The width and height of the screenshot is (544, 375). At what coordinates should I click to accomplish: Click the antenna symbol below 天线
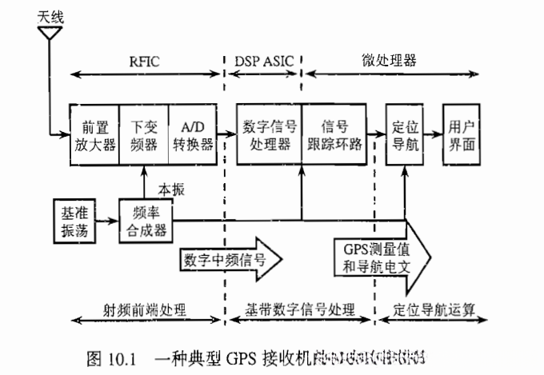(x=50, y=34)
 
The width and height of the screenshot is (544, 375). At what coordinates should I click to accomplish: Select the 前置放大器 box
(x=94, y=134)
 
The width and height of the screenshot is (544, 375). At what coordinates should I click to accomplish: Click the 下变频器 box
(x=144, y=134)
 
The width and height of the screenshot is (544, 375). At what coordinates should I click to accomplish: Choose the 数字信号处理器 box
(x=269, y=134)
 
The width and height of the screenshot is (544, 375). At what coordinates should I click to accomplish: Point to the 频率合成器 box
(x=146, y=218)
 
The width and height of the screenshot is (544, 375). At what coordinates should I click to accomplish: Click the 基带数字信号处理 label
(x=301, y=308)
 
